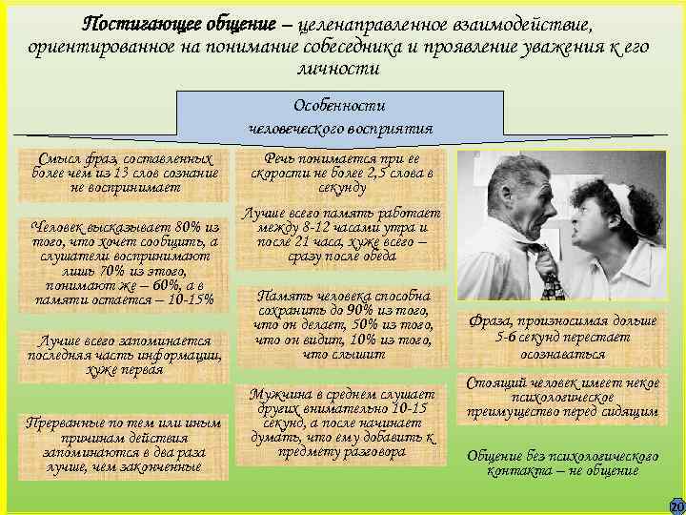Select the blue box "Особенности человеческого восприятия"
pos(340,115)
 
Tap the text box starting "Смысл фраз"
pos(125,173)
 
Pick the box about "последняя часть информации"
pos(125,356)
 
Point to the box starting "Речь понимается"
pos(341,173)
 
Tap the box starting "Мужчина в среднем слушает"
pos(341,423)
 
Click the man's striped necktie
pos(550,277)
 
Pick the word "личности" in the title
pos(340,70)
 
